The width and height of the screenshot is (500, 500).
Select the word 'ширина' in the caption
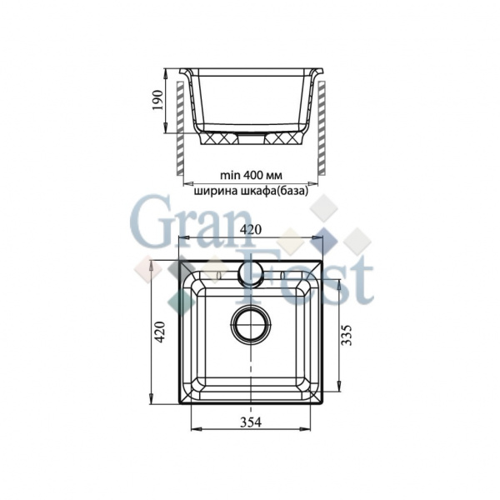click(x=215, y=190)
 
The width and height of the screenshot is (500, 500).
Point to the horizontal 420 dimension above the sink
click(x=251, y=227)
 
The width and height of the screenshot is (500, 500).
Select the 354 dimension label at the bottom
click(x=251, y=422)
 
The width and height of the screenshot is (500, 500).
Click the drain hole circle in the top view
click(x=251, y=324)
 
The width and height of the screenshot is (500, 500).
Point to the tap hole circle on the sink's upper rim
click(x=252, y=272)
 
